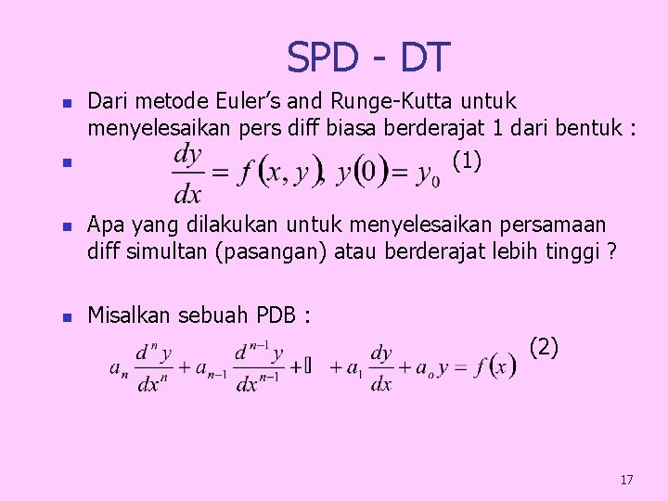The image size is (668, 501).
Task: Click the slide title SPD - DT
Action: pyautogui.click(x=368, y=58)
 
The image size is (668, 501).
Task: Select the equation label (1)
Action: pyautogui.click(x=467, y=161)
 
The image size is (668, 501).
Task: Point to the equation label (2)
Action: pyautogui.click(x=544, y=349)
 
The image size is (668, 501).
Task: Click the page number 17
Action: pyautogui.click(x=626, y=480)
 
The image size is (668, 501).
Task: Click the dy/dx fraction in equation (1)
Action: pyautogui.click(x=188, y=173)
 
